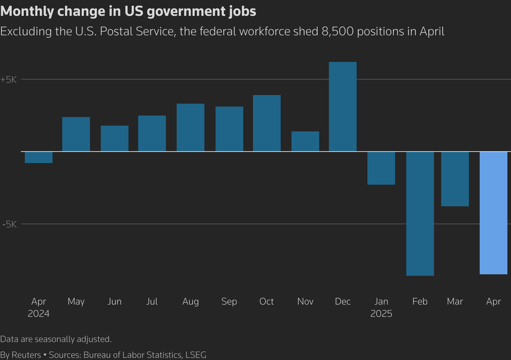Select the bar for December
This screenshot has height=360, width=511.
point(343,107)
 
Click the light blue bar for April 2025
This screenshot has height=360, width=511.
point(493,213)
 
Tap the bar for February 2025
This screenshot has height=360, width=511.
point(420,213)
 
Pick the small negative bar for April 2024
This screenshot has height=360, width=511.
point(39,157)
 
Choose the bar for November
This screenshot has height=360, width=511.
point(305,141)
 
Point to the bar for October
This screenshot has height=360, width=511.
point(267,123)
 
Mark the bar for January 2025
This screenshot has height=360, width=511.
point(381,168)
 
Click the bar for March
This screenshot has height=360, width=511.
point(455,179)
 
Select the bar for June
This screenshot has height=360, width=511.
point(114,139)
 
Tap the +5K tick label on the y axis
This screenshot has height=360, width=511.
point(9,80)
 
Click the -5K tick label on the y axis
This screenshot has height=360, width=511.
point(9,224)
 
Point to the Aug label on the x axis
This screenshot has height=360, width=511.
point(190,301)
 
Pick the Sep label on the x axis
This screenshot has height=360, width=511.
point(229,301)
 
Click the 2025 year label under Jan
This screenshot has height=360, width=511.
point(381,314)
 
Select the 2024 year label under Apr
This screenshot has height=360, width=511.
point(39,314)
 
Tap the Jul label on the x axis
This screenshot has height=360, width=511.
point(152,301)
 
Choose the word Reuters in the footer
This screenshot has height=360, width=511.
point(26,355)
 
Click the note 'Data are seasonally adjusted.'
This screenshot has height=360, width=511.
point(56,339)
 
